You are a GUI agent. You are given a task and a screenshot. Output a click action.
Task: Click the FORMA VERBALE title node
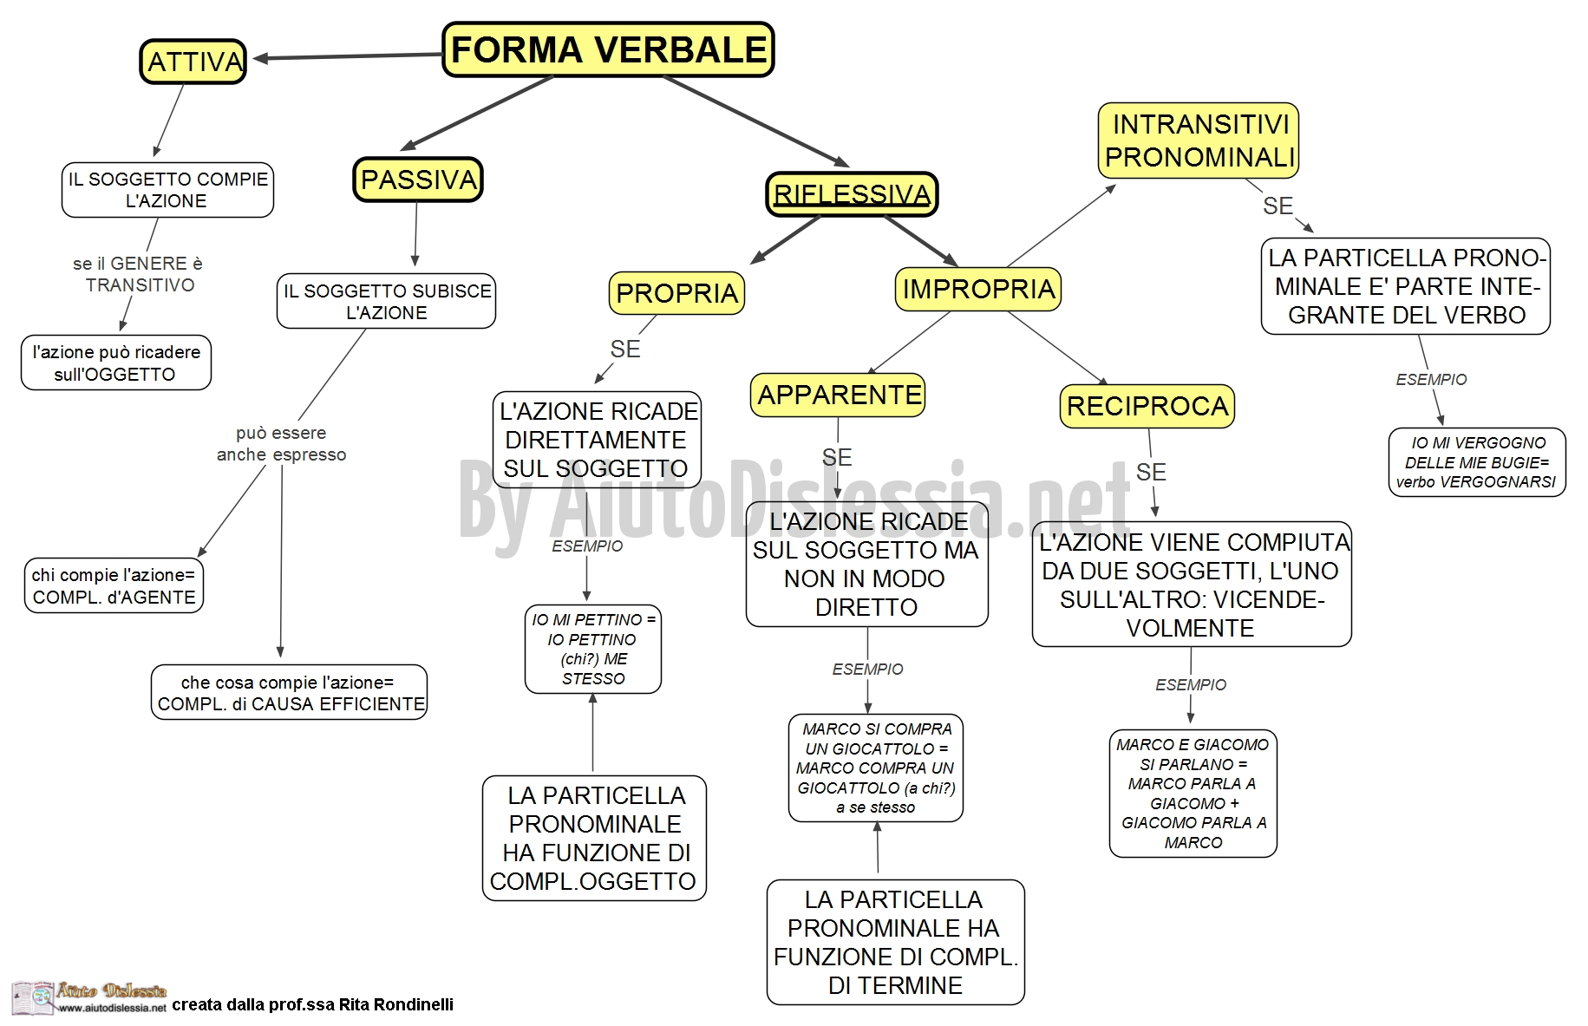[x=608, y=49]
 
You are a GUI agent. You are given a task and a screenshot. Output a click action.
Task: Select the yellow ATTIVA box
[x=193, y=62]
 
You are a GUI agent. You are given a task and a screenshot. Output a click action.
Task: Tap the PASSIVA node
[x=418, y=180]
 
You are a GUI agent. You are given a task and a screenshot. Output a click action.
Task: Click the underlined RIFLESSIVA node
[x=852, y=193]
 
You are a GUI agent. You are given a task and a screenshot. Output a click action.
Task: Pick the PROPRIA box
[x=676, y=293]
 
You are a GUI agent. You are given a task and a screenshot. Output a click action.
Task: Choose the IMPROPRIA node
[x=978, y=289]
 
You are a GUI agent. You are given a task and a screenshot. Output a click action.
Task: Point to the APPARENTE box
[x=839, y=395]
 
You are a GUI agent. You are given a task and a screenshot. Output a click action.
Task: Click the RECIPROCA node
[x=1147, y=406]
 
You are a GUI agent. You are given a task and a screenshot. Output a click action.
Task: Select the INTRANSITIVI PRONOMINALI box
[x=1199, y=141]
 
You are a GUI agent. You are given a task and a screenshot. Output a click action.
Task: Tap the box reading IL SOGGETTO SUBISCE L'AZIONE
[x=387, y=301]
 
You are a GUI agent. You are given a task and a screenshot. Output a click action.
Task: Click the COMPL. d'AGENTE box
[x=114, y=585]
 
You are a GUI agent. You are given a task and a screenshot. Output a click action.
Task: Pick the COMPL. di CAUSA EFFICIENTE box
[x=290, y=692]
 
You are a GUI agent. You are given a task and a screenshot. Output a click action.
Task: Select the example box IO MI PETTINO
[x=593, y=649]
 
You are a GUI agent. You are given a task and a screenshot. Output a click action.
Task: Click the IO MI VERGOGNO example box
[x=1477, y=462]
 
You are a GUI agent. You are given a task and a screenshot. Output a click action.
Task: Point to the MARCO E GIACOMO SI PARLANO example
[x=1193, y=794]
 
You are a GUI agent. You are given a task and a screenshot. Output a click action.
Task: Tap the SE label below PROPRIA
[x=625, y=349]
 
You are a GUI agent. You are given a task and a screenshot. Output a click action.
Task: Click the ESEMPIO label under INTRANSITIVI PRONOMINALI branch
[x=1431, y=380]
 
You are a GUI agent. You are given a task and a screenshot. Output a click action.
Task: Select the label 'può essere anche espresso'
[x=281, y=443]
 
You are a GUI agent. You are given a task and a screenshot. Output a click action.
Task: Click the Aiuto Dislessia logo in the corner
[x=89, y=998]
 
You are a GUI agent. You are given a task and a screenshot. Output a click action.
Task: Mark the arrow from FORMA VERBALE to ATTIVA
[x=348, y=56]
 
